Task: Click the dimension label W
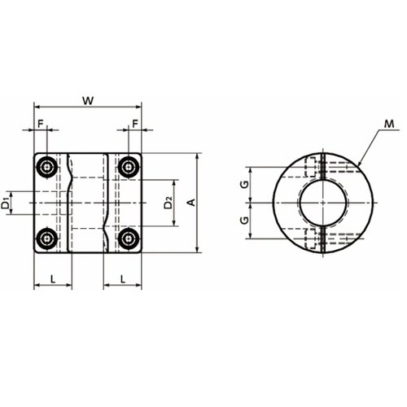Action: [x=88, y=101]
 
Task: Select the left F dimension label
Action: [x=41, y=124]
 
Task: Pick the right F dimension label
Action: [x=135, y=124]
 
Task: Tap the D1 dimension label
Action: [x=6, y=203]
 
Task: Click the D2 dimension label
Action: [x=168, y=203]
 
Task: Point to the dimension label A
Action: [x=192, y=203]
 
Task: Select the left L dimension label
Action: [x=53, y=278]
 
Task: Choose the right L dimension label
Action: [x=123, y=278]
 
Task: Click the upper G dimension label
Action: [x=245, y=185]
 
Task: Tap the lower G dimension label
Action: [x=245, y=220]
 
